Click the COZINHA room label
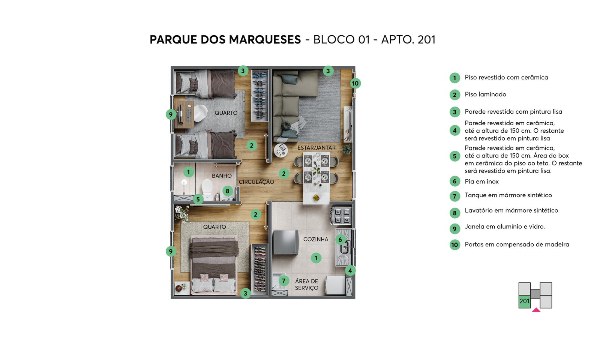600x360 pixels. click(x=315, y=239)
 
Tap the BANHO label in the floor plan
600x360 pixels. click(x=222, y=176)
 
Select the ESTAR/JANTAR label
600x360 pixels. click(x=316, y=148)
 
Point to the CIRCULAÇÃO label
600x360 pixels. click(x=256, y=182)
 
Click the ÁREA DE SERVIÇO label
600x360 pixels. click(x=307, y=285)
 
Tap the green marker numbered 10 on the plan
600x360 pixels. click(x=355, y=83)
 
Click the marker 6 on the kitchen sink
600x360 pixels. click(x=340, y=240)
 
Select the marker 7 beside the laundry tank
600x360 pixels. click(x=283, y=281)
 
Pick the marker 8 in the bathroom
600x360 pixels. click(x=227, y=191)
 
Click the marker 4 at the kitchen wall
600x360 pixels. click(x=350, y=270)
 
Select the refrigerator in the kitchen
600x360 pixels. click(x=285, y=243)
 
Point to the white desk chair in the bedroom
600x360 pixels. click(x=200, y=113)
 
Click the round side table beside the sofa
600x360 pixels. click(x=281, y=150)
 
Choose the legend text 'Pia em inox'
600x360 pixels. click(x=481, y=181)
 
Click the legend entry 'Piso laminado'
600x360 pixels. click(x=485, y=94)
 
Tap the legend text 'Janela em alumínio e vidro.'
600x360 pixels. click(x=505, y=226)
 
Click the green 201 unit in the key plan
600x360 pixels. click(x=525, y=301)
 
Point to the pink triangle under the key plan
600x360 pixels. click(x=536, y=310)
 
